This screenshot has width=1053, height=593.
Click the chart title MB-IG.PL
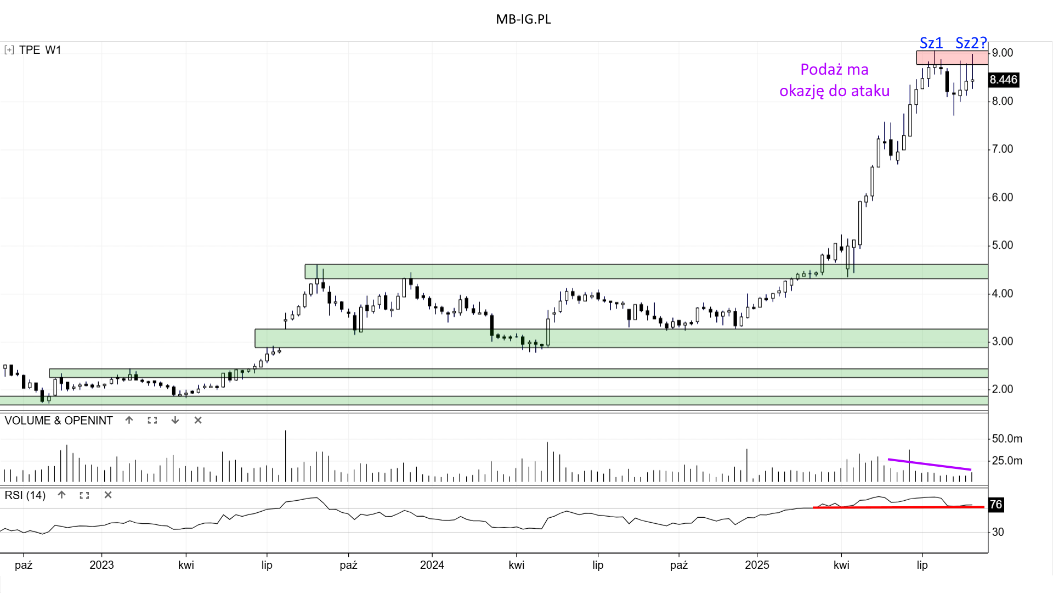[523, 19]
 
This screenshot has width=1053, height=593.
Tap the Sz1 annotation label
[931, 43]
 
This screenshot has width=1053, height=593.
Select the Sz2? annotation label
[971, 43]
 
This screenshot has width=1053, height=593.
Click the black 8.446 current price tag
[1003, 80]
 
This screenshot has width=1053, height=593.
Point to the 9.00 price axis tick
[1003, 53]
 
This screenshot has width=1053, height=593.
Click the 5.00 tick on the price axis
[1003, 245]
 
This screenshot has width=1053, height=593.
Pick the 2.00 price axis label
[1003, 389]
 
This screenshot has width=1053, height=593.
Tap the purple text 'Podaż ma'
[834, 70]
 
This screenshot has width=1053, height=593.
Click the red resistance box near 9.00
[952, 58]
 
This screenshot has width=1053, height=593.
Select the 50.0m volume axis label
[1007, 439]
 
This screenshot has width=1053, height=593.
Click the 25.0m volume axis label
[1007, 461]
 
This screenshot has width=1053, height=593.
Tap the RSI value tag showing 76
[996, 505]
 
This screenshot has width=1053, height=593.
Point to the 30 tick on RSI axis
[998, 532]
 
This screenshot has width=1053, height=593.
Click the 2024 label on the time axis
[432, 565]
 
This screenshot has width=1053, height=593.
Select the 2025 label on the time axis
[757, 565]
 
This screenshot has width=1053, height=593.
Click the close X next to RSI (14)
[108, 495]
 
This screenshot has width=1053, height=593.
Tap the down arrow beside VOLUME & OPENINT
[175, 421]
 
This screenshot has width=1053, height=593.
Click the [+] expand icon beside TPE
[9, 50]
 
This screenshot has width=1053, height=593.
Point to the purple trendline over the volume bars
[930, 465]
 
